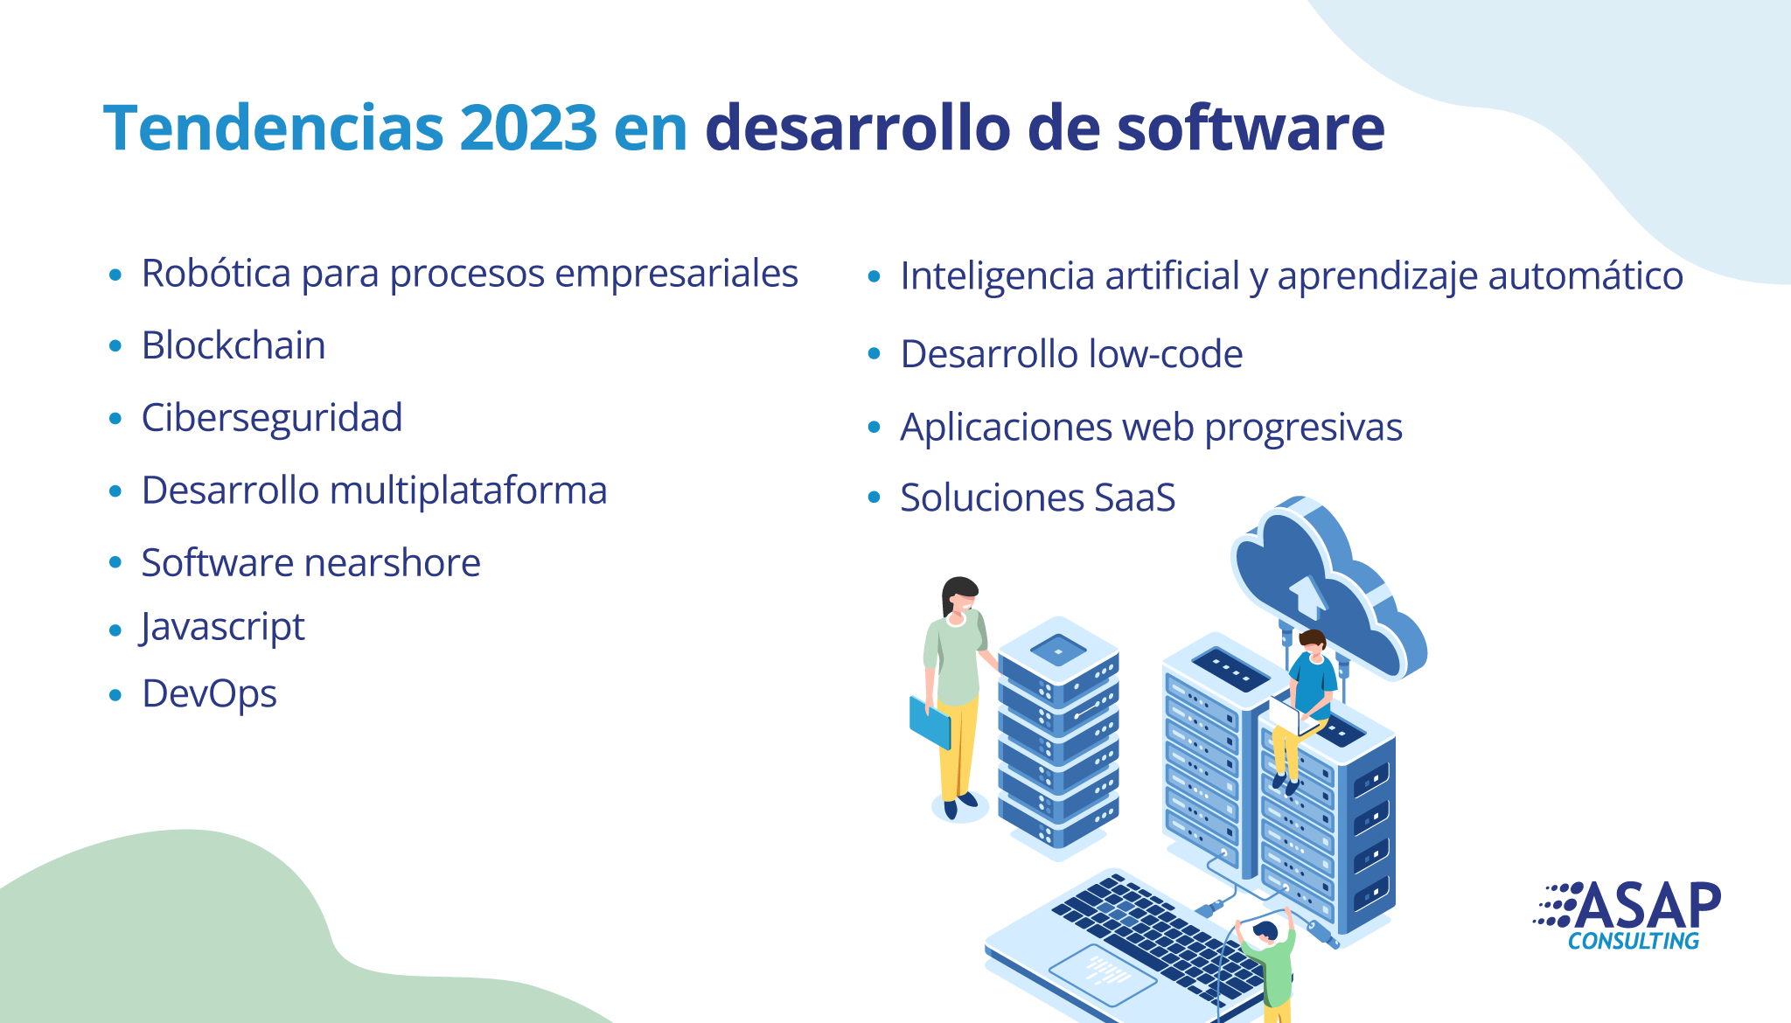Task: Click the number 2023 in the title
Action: tap(528, 128)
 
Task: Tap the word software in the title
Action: tap(1251, 128)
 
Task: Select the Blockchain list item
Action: tap(233, 345)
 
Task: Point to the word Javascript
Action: tap(222, 628)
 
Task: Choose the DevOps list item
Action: tap(209, 695)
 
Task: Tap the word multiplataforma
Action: tap(468, 491)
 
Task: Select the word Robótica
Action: tap(216, 273)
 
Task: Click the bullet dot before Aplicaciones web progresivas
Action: tap(874, 428)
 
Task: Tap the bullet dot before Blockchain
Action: tap(115, 346)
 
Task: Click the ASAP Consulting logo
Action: tap(1627, 915)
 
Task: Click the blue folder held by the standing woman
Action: tap(930, 722)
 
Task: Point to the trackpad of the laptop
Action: tap(1102, 975)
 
